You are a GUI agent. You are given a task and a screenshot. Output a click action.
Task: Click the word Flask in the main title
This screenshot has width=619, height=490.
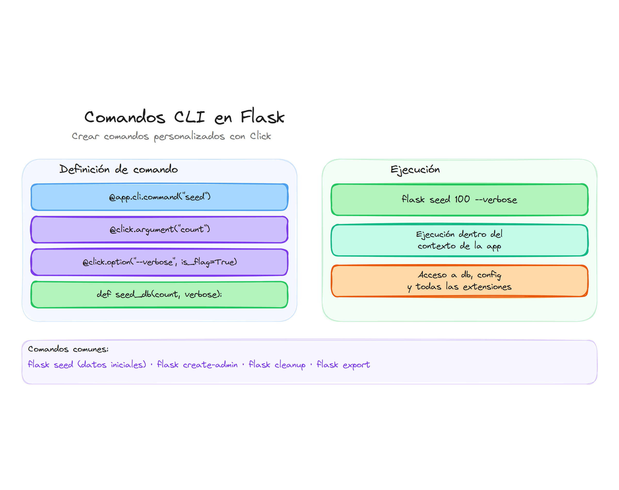coord(262,117)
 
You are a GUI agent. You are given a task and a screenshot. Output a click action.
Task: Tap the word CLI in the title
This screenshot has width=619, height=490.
coord(189,117)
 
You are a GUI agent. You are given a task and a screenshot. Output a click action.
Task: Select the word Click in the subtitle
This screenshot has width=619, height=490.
coord(260,136)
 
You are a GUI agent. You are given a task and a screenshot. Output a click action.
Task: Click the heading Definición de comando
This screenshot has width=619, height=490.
coord(118,169)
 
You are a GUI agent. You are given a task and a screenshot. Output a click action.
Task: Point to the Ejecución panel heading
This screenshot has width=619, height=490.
coord(415,169)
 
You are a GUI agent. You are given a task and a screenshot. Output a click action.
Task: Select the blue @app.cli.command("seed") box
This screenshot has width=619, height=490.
coord(159,197)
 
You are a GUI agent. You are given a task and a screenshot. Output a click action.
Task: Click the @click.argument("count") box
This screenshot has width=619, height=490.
coord(159,230)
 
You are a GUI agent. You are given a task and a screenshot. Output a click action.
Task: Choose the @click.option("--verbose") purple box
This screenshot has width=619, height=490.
coord(159,262)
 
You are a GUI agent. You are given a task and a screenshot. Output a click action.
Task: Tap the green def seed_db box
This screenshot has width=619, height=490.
coord(159,295)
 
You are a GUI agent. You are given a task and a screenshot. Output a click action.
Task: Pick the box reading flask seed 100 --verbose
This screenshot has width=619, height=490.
coord(459,199)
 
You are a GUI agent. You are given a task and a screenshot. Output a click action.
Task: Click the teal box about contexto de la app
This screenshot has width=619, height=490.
coord(459,240)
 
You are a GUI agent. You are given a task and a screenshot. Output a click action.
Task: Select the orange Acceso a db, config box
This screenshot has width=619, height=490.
coord(459,281)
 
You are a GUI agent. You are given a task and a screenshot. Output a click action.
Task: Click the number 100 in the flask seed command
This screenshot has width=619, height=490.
coord(462,199)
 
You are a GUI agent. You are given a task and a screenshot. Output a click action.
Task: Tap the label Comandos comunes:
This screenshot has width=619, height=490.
coord(68,349)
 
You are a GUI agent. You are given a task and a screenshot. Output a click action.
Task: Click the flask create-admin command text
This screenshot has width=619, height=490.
coord(197,365)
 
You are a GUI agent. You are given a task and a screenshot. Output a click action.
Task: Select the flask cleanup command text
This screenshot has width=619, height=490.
coord(277,365)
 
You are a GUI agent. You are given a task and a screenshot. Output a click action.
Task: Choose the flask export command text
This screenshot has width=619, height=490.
coord(343,365)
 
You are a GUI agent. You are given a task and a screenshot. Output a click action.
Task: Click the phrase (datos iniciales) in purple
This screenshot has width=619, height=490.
coord(112,365)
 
